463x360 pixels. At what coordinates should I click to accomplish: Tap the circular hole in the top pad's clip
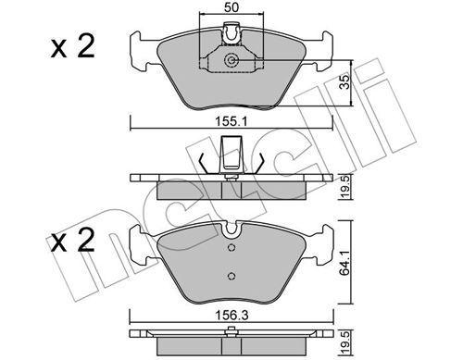tap(232, 63)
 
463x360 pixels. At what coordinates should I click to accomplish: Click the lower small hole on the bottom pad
tap(230, 274)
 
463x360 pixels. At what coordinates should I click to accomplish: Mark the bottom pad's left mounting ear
tap(139, 243)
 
